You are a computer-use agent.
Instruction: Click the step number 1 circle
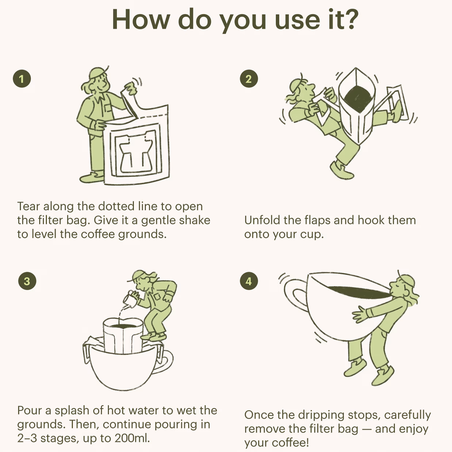[x=22, y=79]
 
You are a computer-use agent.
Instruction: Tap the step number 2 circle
[x=249, y=79]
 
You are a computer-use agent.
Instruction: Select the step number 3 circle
[x=27, y=281]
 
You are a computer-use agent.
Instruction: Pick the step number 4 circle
[x=249, y=281]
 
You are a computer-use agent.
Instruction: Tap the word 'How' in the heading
[x=141, y=20]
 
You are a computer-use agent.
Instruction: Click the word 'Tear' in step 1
[x=29, y=206]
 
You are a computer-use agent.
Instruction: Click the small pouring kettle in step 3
[x=131, y=299]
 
